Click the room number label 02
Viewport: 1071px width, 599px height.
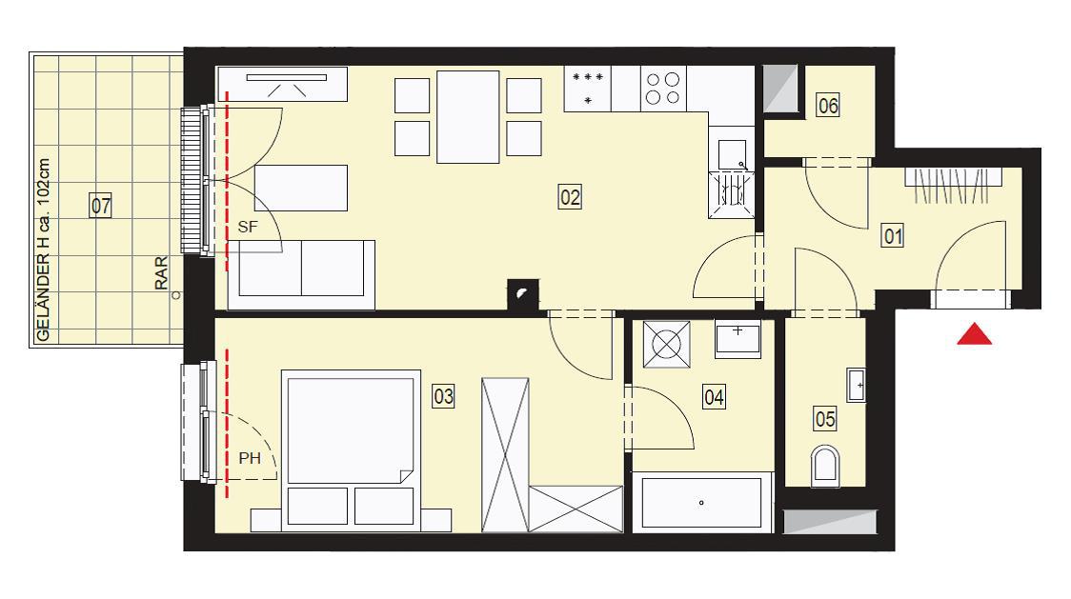pos(570,197)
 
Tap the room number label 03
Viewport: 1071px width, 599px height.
pos(443,396)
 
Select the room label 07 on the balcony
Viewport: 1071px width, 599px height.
pos(100,206)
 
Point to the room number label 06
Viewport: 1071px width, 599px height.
pos(828,106)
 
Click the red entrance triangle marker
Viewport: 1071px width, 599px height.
pos(974,334)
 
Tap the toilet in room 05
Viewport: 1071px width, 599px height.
pos(826,466)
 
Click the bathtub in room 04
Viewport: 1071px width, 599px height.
pos(701,503)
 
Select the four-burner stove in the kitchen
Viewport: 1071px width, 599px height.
pos(662,89)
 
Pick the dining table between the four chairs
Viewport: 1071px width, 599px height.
pos(468,117)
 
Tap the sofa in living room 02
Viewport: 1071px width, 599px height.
pos(301,274)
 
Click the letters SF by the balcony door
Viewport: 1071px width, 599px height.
pos(247,227)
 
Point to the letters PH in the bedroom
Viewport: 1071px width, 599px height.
pos(250,458)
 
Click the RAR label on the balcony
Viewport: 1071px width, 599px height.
pos(160,273)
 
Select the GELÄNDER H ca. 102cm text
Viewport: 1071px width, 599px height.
pos(43,250)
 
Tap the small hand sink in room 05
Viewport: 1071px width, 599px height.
pos(857,386)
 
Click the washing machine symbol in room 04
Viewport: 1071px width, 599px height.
pos(667,344)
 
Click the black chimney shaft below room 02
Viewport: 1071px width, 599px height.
pos(523,295)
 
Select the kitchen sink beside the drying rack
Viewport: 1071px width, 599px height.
pos(732,155)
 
